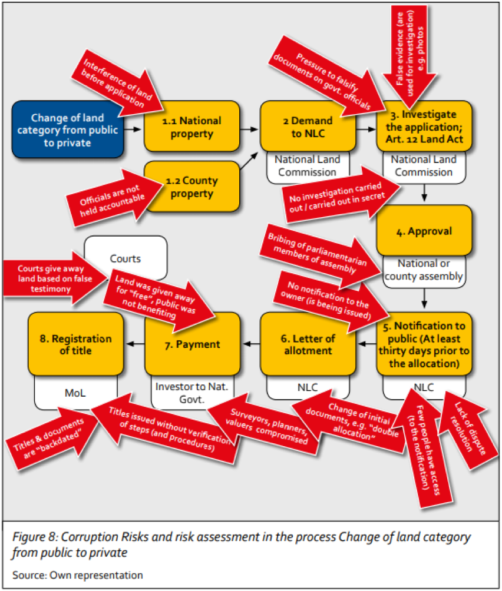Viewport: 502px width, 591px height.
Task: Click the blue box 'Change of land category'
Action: pos(68,130)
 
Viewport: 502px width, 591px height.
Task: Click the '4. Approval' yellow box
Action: pos(424,230)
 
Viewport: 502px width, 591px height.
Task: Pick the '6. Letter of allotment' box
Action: pos(308,344)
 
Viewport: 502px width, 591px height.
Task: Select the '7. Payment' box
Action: pos(192,344)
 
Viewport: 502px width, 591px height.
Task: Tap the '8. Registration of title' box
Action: pos(76,344)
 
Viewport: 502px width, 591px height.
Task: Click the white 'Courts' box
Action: pos(125,258)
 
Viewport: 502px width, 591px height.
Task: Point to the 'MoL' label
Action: pos(76,393)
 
